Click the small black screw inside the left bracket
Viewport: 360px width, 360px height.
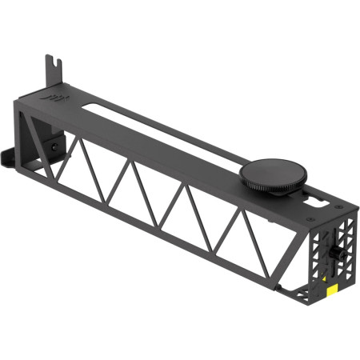point(51,146)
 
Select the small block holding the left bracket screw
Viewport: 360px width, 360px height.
point(52,147)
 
